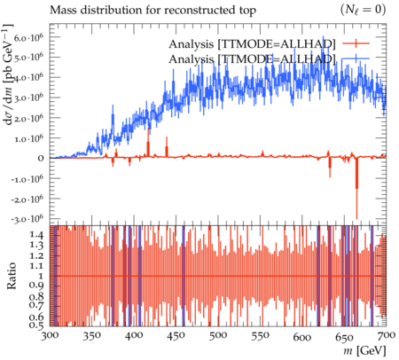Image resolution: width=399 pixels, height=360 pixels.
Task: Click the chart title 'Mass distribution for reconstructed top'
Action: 153,11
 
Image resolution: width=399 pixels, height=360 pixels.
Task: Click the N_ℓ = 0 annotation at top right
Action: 364,10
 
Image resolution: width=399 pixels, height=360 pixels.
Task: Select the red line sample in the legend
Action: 356,43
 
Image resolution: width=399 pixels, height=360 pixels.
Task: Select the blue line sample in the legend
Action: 356,59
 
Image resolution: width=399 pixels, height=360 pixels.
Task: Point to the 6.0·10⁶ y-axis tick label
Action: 28,37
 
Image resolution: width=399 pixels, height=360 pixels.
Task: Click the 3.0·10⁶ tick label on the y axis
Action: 28,98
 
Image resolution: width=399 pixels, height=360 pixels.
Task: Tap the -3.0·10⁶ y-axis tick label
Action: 27,219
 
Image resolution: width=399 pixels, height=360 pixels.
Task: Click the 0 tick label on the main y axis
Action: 41,159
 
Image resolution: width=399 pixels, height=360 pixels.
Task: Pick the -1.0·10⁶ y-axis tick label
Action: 27,179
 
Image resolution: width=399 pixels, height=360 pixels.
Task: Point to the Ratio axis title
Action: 12,276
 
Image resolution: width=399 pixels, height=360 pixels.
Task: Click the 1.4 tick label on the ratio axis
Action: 36,235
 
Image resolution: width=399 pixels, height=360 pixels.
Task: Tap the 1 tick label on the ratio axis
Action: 41,276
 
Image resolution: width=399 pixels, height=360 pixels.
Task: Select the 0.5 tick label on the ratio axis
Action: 36,325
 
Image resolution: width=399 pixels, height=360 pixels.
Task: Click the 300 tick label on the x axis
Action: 50,336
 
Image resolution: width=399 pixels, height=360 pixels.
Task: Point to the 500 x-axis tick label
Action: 218,336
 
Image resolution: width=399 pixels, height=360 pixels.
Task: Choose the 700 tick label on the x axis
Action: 387,335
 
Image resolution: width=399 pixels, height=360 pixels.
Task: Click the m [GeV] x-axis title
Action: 364,351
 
